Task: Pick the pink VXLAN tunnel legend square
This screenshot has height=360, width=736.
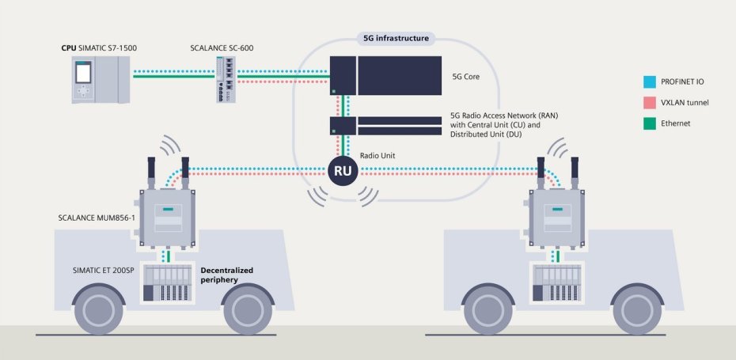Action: point(649,102)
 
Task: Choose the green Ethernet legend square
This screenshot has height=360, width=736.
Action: point(649,123)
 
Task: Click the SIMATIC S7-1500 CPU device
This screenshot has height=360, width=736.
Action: point(99,79)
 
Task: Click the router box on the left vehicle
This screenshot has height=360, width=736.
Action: point(168,217)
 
